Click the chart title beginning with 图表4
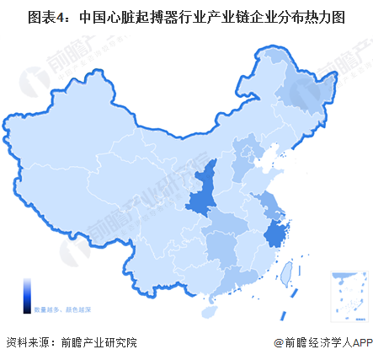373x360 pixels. click(186, 16)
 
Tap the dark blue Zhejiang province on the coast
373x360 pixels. click(274, 234)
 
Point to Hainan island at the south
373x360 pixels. click(208, 310)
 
